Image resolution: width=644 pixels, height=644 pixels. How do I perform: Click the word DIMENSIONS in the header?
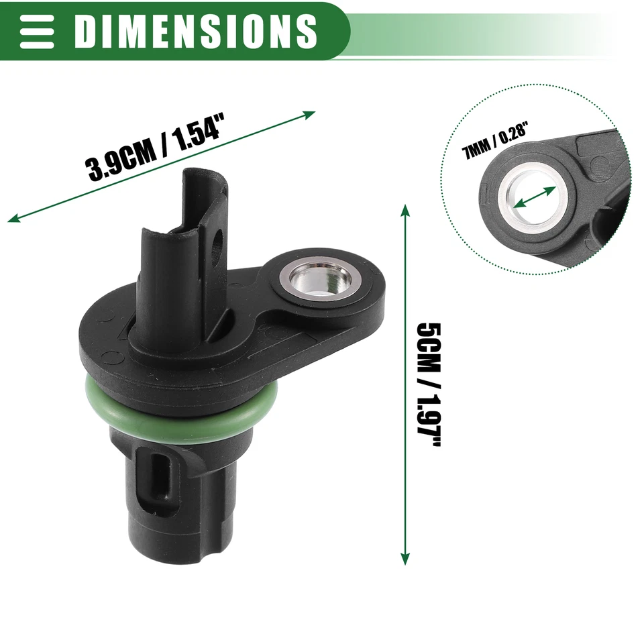[x=195, y=30]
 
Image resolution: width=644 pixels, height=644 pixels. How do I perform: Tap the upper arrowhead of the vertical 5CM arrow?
[x=405, y=209]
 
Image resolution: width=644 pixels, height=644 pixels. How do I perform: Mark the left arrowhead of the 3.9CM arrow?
[x=12, y=218]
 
